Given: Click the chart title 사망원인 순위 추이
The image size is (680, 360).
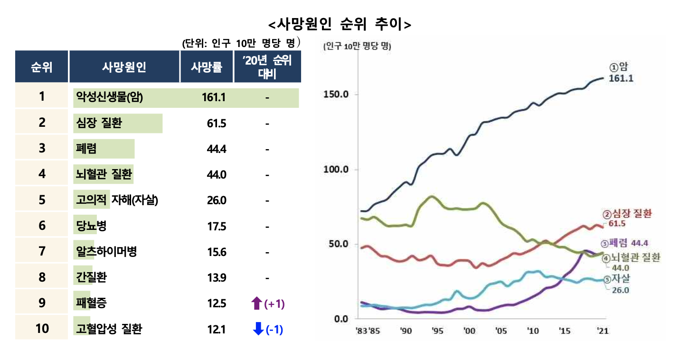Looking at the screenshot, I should (x=340, y=24).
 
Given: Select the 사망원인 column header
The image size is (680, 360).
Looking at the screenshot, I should (x=124, y=67).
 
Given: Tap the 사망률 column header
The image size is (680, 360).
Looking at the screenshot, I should (x=207, y=67).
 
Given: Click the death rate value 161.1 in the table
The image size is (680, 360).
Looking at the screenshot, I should (x=213, y=98).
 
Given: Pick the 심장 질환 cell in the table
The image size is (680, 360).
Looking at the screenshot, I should (x=99, y=123).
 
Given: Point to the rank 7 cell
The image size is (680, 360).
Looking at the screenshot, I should (x=42, y=251).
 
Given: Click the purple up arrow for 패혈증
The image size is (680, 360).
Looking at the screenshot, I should (x=256, y=303).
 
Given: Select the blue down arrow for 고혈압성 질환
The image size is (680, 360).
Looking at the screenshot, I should (x=258, y=329).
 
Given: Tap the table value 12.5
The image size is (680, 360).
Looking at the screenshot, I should (x=217, y=303).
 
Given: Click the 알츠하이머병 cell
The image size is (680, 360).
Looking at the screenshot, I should (x=106, y=251).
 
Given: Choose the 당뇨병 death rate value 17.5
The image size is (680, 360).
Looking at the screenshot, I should (x=217, y=226).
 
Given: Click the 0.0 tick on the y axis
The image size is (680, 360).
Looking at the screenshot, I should (x=341, y=318).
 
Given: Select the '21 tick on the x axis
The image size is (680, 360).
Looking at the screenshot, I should (x=602, y=331).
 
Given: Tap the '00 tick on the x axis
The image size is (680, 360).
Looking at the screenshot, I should (x=469, y=331).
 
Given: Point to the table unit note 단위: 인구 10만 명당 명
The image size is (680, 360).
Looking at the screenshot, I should (x=241, y=43).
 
